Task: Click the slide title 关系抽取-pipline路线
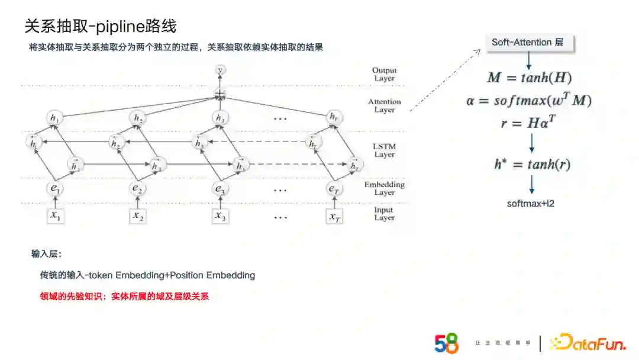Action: (x=100, y=27)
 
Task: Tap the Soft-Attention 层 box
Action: (x=528, y=43)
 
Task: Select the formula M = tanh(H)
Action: (x=529, y=78)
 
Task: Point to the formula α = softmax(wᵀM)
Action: (x=528, y=101)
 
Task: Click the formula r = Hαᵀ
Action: (x=529, y=123)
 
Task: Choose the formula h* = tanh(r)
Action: (x=532, y=165)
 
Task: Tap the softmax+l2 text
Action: (x=531, y=203)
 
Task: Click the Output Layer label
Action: (x=385, y=74)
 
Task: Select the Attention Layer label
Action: (x=385, y=105)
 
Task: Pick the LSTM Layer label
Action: (x=385, y=150)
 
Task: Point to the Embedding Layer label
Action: (x=385, y=188)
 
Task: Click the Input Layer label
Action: (x=384, y=214)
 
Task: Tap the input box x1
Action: (x=56, y=216)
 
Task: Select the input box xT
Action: (x=334, y=216)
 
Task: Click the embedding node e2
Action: (x=138, y=188)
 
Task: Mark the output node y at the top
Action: (x=220, y=70)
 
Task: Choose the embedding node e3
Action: (x=220, y=188)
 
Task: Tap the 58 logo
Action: (x=447, y=343)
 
